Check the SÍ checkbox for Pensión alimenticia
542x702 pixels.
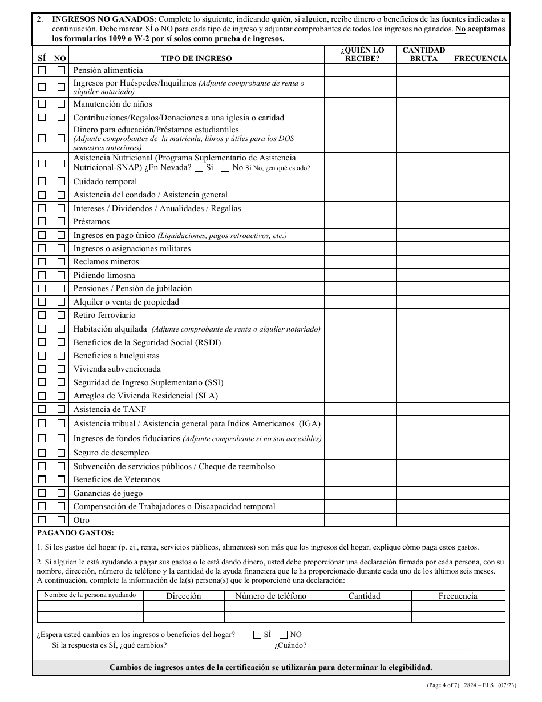click(42, 70)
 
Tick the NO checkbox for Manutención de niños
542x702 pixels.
click(61, 104)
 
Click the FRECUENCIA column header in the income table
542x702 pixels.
click(480, 58)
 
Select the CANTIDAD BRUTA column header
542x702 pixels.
click(424, 54)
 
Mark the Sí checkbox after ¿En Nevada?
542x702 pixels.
click(198, 168)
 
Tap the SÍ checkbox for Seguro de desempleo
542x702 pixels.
click(42, 453)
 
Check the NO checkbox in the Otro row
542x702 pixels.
click(61, 520)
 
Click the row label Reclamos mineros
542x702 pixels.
click(106, 261)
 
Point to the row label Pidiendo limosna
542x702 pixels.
click(104, 275)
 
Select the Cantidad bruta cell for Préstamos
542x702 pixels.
click(424, 221)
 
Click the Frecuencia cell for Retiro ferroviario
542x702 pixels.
click(480, 315)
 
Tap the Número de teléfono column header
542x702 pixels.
click(271, 596)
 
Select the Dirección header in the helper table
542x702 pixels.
click(183, 596)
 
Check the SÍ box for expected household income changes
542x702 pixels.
click(257, 634)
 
